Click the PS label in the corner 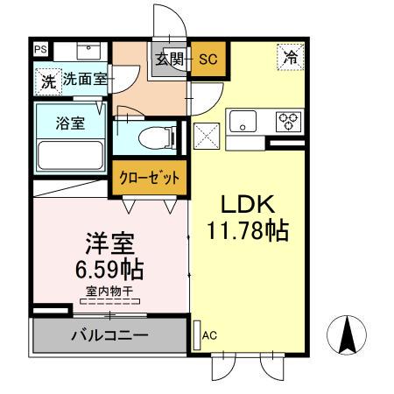coord(40,51)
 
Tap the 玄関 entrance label coord(170,60)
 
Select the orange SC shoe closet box coord(208,60)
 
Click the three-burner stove coord(286,122)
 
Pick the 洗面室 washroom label coord(84,79)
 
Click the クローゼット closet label coord(149,177)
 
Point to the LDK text coord(248,205)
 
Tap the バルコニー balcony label coord(109,335)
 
